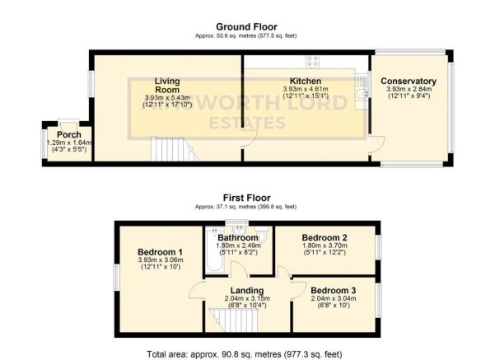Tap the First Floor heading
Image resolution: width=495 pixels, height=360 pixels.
[x=246, y=199]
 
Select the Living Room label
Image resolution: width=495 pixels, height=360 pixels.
[x=167, y=81]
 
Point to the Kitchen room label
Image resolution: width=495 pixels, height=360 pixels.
[x=305, y=82]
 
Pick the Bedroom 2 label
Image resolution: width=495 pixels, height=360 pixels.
[x=325, y=238]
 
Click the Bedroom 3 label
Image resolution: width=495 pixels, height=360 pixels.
[x=334, y=291]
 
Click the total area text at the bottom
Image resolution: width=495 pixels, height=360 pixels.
[x=247, y=354]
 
